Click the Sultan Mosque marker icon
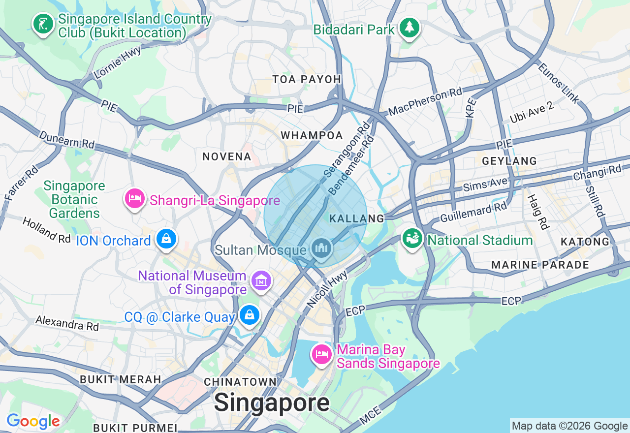point(322,247)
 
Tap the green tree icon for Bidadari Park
point(409,28)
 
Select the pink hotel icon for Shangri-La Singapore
point(135,199)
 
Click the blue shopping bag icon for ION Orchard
point(166,239)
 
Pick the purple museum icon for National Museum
point(261,280)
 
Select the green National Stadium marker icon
point(412,239)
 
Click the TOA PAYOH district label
point(307,80)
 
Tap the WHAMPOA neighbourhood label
point(312,135)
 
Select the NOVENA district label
point(227,156)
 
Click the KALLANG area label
point(356,218)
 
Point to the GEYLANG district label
point(509,161)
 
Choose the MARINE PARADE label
point(540,265)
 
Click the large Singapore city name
point(272,403)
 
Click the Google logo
point(33,421)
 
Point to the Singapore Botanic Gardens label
point(74,199)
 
